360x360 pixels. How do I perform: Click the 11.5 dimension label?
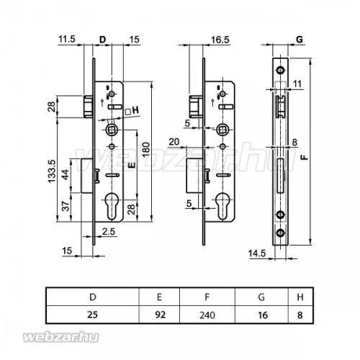coord(67,39)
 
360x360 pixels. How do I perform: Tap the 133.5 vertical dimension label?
coord(52,171)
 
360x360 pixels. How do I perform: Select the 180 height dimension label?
coord(146,149)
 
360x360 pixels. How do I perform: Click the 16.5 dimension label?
coord(220,40)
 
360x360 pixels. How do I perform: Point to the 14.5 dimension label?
coord(257,253)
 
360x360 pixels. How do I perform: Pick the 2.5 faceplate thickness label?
coord(109,232)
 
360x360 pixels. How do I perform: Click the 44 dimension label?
coord(65,174)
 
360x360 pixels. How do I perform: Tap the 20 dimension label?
coord(174,142)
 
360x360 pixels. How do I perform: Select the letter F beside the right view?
coord(305,157)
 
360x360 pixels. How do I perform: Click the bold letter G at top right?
coord(300,40)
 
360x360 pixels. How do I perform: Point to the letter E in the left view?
coord(132,166)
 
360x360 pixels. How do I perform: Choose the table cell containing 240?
coord(207,315)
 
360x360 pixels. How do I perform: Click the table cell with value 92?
coord(160,315)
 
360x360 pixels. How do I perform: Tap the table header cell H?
coord(300,297)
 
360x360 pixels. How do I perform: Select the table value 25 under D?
coord(93,315)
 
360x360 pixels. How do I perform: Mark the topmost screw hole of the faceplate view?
coord(280,70)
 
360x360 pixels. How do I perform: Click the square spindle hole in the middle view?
coord(222,130)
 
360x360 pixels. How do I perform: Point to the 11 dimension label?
coord(297,84)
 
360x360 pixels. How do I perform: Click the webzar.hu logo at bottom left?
coord(61,337)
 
